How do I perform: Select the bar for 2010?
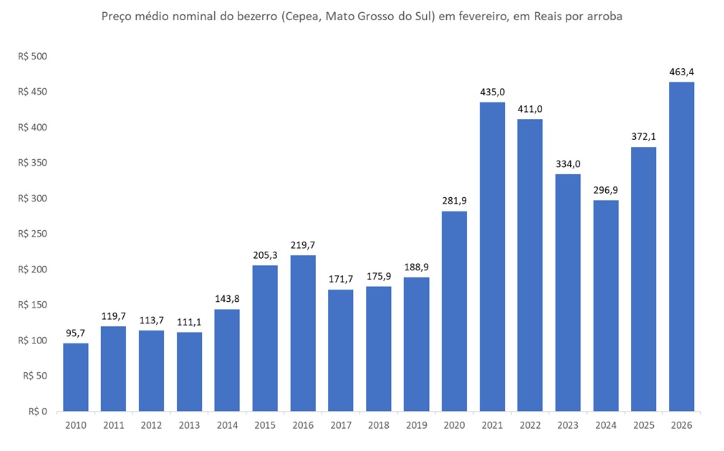[75, 377]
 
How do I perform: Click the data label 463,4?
[681, 72]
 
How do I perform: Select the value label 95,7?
[75, 333]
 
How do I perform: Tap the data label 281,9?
[454, 201]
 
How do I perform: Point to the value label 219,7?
[303, 245]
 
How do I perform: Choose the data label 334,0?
[568, 163]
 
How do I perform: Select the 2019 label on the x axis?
[416, 425]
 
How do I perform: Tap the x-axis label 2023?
[568, 425]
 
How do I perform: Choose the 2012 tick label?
[151, 425]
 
